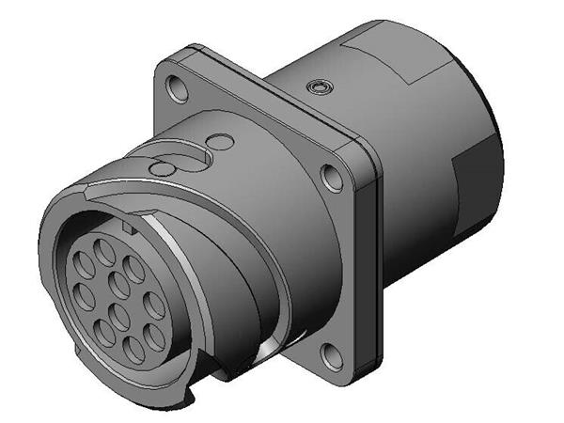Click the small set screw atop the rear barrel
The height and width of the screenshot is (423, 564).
(x=321, y=86)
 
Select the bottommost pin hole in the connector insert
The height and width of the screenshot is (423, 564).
(x=133, y=349)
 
